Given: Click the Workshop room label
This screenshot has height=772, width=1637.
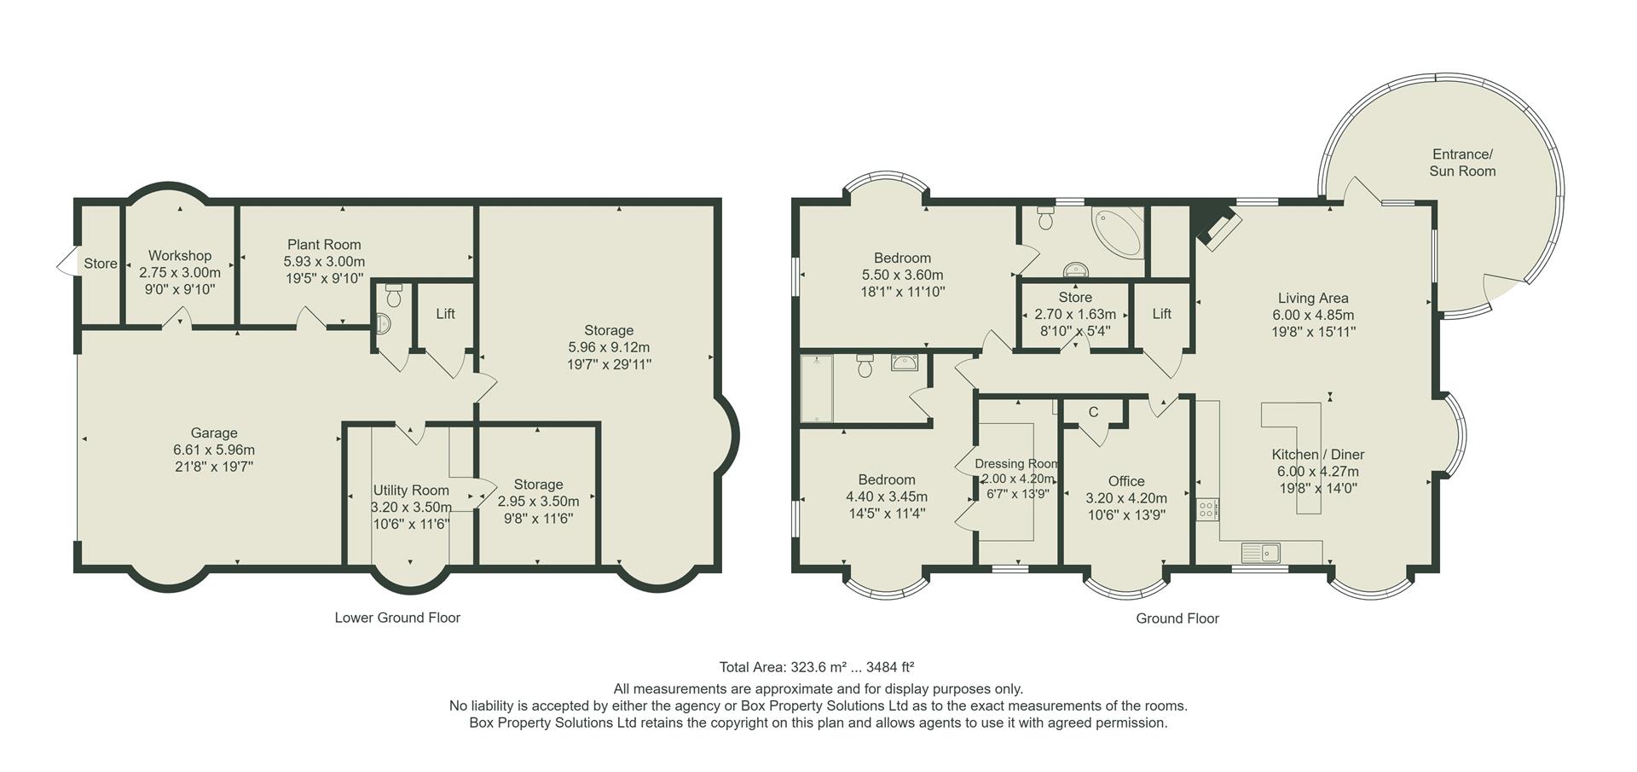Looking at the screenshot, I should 180,255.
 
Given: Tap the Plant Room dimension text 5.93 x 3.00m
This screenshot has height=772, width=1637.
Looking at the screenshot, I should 324,262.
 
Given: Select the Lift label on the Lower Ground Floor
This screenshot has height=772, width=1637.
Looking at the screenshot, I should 445,314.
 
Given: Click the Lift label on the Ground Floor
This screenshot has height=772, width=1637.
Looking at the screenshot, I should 1161,314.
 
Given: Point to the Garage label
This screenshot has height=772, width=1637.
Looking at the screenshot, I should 214,433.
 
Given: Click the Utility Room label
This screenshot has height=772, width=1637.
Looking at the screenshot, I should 411,490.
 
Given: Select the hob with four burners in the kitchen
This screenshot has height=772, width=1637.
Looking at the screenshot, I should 1207,510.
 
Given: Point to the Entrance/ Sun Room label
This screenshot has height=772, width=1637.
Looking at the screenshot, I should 1462,162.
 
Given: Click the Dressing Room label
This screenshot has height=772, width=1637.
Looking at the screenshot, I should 1016,464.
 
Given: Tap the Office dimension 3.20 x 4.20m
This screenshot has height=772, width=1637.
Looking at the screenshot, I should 1126,498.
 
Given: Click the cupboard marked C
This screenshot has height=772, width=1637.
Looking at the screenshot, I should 1093,413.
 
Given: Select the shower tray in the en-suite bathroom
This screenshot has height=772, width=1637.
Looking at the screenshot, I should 816,389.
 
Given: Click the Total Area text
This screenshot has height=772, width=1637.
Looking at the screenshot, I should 817,667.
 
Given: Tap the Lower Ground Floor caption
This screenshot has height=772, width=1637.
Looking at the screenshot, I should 397,618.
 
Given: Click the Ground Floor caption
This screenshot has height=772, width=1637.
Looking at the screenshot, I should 1177,618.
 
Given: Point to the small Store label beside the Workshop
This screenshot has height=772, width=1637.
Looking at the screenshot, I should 101,264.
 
